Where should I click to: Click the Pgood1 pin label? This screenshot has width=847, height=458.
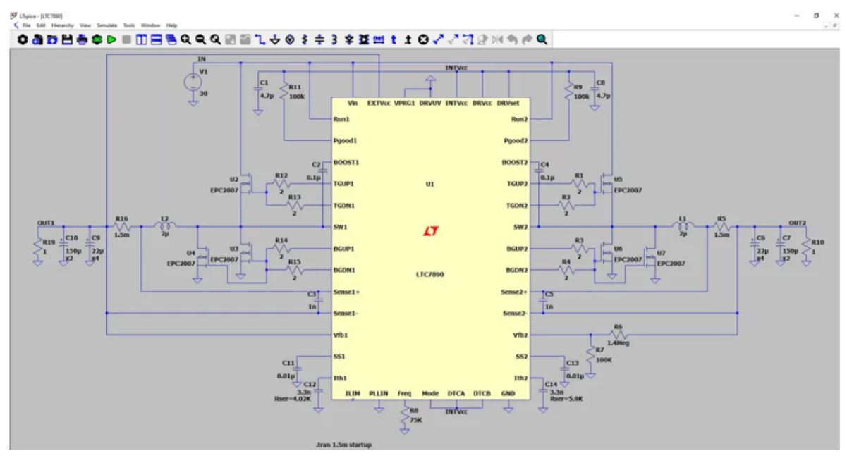pyautogui.click(x=346, y=141)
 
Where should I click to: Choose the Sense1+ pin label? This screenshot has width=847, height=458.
pyautogui.click(x=347, y=291)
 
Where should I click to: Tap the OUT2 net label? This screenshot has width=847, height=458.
pyautogui.click(x=797, y=222)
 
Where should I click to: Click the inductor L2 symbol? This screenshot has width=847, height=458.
pyautogui.click(x=166, y=226)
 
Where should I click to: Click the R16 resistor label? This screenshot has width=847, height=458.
pyautogui.click(x=121, y=218)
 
